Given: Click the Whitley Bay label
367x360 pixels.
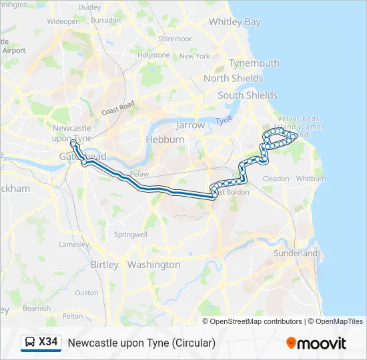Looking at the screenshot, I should (x=234, y=22).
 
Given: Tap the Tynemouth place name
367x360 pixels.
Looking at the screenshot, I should (x=254, y=63).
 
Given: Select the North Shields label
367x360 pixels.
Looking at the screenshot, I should (x=234, y=79).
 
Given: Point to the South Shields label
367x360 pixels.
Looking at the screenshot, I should (x=248, y=95).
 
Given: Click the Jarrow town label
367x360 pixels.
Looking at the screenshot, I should (x=190, y=125).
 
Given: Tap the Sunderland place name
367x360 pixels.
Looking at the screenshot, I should (x=296, y=253).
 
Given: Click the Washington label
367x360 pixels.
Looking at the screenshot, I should (x=153, y=265).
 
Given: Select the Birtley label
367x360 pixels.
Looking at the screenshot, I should (x=104, y=265).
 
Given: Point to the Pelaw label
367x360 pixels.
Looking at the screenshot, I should (x=139, y=173).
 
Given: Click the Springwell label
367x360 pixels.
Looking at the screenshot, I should (x=130, y=235).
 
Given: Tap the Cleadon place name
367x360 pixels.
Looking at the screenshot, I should (x=276, y=179).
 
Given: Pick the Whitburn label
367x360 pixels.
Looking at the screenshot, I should (x=311, y=179).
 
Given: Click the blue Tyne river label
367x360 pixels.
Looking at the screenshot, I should (x=224, y=120).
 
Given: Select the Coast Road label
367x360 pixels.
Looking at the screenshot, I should (x=119, y=108).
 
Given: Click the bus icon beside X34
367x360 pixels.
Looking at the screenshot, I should (x=30, y=343).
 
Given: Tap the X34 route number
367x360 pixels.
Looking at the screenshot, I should (x=48, y=343).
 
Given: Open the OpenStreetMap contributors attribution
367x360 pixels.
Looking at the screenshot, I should (x=255, y=321).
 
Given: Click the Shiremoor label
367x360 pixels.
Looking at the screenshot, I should (x=175, y=39).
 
